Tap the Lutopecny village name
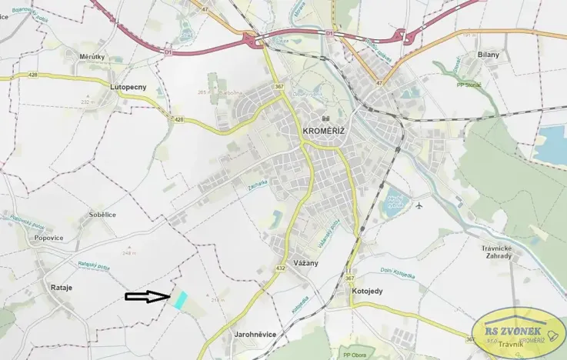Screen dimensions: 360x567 [x=128, y=87]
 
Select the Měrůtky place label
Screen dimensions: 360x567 [x=92, y=56]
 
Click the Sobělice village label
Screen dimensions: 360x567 [x=102, y=215]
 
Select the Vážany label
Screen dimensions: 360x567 [x=306, y=262]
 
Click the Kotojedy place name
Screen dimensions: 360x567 [x=366, y=292]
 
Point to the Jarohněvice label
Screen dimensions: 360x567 [x=255, y=334]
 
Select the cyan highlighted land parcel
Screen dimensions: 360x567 [x=179, y=300]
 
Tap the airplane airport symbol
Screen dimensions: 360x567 [x=419, y=205]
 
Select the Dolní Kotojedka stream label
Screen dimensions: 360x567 [x=397, y=272]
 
